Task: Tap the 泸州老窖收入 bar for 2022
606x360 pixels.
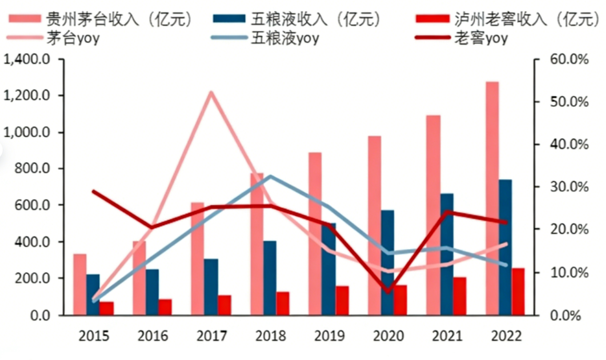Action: (x=518, y=291)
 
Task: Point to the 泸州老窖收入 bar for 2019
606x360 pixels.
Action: (x=342, y=300)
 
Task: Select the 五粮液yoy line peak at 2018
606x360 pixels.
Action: (x=270, y=176)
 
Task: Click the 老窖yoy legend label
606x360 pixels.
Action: (x=480, y=38)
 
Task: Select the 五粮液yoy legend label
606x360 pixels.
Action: (x=285, y=38)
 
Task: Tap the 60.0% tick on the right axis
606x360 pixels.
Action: (x=569, y=60)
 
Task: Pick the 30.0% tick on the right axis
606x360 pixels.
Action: (x=569, y=187)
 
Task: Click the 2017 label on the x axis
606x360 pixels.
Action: (x=210, y=336)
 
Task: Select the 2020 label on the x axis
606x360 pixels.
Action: (x=389, y=336)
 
